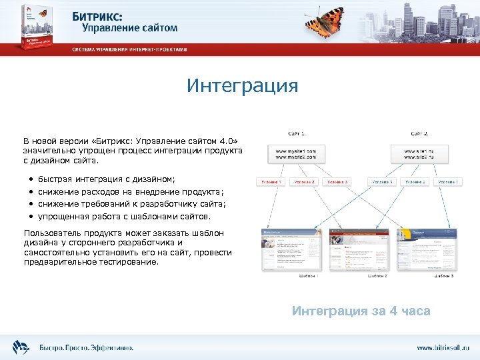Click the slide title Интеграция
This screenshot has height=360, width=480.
[242, 86]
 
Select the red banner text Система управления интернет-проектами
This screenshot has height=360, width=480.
[130, 49]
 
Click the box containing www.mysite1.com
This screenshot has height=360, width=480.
[291, 154]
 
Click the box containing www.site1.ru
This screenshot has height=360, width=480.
[419, 154]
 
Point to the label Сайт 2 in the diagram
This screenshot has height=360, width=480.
[419, 133]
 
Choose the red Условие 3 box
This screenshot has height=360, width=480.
[337, 182]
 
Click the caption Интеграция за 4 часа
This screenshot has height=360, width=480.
[361, 311]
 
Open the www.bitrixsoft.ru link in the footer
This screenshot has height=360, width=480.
[443, 347]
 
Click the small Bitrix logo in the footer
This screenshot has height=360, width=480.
[20, 347]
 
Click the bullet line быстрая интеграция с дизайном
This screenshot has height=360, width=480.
[107, 179]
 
